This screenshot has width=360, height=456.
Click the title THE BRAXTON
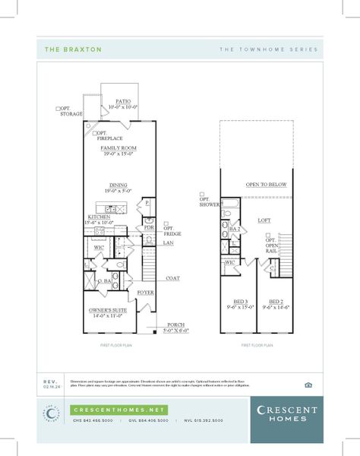point(62,49)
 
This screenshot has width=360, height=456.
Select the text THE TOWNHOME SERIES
point(269,49)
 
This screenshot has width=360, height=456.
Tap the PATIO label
point(123,100)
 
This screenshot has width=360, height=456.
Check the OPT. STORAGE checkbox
point(58,109)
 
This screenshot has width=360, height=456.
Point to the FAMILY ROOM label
point(118,147)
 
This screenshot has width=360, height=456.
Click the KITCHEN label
point(99,217)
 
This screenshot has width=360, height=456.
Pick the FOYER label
point(146,292)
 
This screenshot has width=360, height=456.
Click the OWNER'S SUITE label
point(107,310)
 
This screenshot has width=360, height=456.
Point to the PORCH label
point(177,324)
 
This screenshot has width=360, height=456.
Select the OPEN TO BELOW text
point(266,184)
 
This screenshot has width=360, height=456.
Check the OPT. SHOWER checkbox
point(203,194)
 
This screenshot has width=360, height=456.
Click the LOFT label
point(264,220)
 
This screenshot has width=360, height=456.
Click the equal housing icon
point(307,384)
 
